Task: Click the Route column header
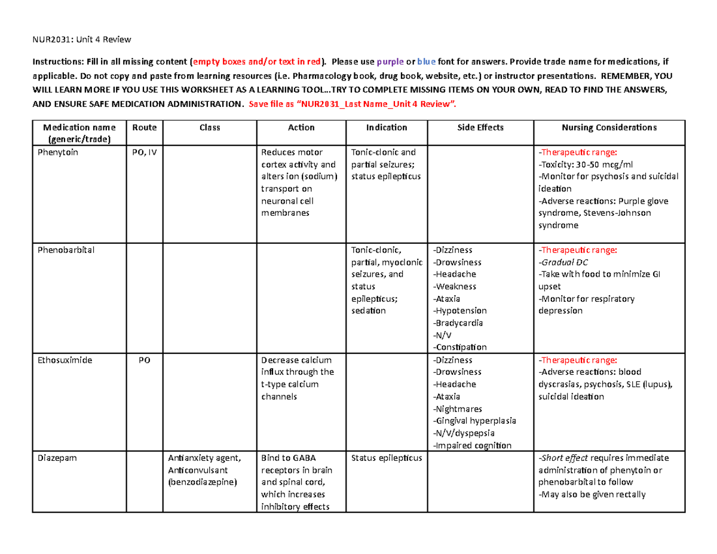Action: [x=144, y=127]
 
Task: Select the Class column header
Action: [x=210, y=127]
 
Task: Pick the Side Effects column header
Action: [x=480, y=127]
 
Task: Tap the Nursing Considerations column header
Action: [x=610, y=127]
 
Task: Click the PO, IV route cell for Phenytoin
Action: [x=144, y=152]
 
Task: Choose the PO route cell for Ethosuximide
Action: [x=144, y=360]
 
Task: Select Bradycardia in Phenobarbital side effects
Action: [x=459, y=323]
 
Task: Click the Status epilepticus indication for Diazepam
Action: [x=387, y=458]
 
